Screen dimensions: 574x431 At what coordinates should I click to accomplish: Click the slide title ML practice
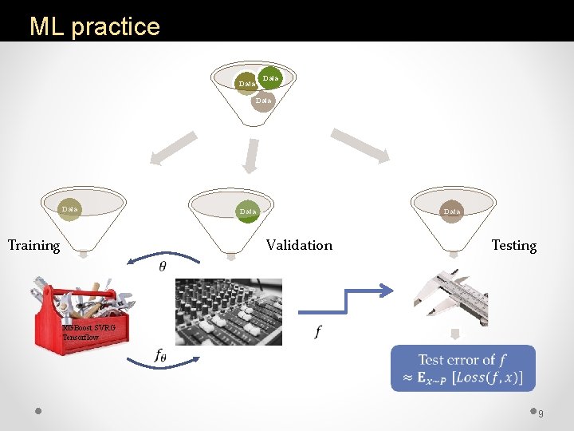(x=94, y=26)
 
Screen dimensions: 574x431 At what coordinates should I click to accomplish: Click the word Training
(x=33, y=245)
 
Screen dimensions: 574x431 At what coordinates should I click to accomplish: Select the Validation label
(x=299, y=245)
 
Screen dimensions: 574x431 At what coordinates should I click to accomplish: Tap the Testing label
(x=513, y=245)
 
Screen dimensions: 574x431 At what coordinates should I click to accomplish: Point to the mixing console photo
(x=228, y=311)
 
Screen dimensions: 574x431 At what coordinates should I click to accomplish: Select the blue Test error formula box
(x=462, y=369)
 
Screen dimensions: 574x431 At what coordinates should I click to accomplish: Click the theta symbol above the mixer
(x=163, y=266)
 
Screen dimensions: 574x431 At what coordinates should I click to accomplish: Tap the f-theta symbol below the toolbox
(x=160, y=356)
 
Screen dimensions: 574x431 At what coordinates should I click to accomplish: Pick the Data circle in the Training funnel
(x=70, y=209)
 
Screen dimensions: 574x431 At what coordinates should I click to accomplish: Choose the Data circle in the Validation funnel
(x=248, y=211)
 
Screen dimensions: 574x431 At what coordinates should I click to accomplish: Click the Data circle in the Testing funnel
(x=452, y=211)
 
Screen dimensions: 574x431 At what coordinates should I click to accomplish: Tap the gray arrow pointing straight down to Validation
(x=251, y=155)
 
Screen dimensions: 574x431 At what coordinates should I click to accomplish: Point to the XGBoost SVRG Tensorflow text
(x=88, y=333)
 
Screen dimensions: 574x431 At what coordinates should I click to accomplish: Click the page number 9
(x=541, y=413)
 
